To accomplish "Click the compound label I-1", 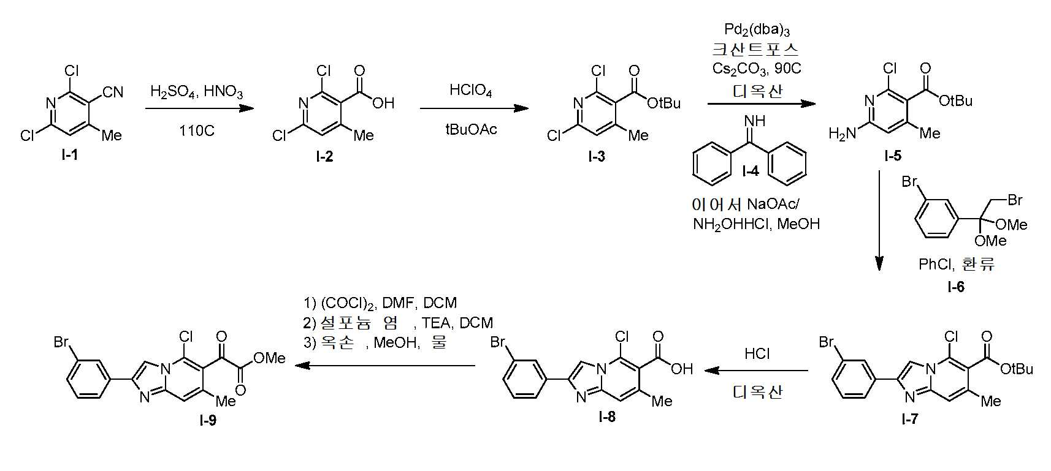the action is coord(69,155).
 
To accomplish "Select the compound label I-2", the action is coord(324,157).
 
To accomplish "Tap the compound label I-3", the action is coord(597,157).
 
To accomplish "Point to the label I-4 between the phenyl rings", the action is coord(751,171).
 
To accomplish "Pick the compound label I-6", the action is coord(956,287).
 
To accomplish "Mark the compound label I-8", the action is coord(607,416).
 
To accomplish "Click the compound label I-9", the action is coord(208,420).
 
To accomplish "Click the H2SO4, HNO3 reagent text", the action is coord(197,91).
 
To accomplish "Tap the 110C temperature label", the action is coord(197,130).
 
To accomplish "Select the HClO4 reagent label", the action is coord(470,90).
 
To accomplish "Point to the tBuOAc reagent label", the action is coord(471,129).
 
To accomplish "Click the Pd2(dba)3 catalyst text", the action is coord(757,30).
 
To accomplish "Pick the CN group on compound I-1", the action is coord(113,92).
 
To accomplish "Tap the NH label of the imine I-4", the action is coord(755,121).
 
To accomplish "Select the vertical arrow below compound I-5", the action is coord(879,221).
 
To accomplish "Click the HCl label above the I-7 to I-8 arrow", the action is coord(757,353).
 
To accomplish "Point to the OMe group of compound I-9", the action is coord(269,358).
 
